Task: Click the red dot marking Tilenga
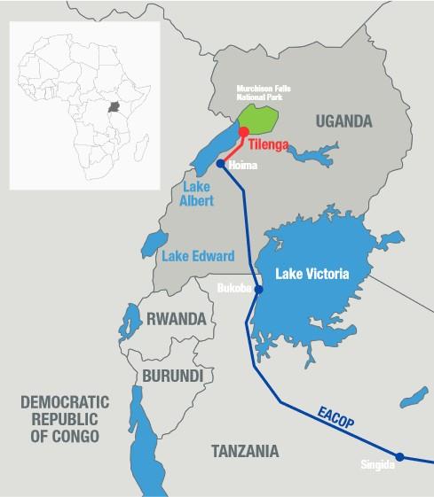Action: coord(243,132)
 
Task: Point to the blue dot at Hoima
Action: coord(220,163)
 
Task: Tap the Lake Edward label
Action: coord(198,257)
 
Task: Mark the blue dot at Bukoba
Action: coord(258,290)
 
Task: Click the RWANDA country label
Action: coord(176,318)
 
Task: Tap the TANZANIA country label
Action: coord(244,452)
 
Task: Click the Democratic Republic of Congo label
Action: coord(59,419)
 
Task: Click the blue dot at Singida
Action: coord(399,457)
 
